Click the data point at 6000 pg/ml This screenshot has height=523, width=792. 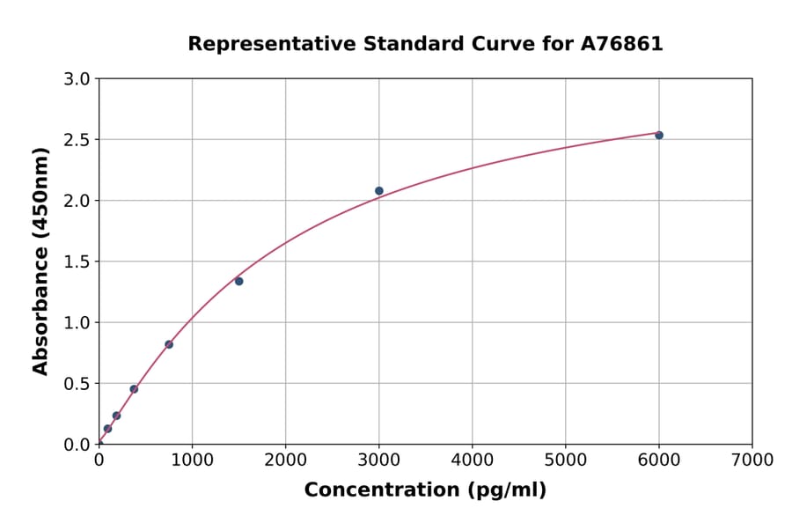point(659,135)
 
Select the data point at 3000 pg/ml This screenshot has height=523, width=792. point(379,190)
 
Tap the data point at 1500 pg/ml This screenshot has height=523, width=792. point(238,281)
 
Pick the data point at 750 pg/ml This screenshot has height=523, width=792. point(169,344)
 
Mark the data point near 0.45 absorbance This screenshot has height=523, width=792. point(134,389)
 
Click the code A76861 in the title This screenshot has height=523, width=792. point(622,43)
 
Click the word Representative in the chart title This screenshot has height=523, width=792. point(258,43)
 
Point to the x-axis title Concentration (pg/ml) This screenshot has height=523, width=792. point(425,490)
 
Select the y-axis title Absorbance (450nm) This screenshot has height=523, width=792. point(40,261)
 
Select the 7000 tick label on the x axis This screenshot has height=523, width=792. point(752,460)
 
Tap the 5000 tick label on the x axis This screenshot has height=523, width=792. point(565,460)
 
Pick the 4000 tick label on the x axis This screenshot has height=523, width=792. point(472,460)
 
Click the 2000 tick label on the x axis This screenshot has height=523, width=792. point(285,460)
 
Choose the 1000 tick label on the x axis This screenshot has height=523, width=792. point(192,460)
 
